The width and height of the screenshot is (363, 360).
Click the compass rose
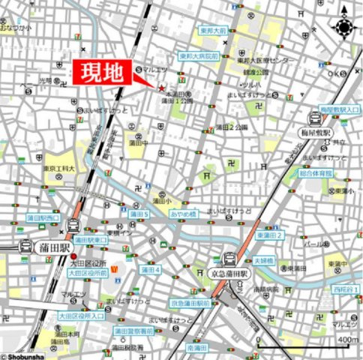pos(344,27)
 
